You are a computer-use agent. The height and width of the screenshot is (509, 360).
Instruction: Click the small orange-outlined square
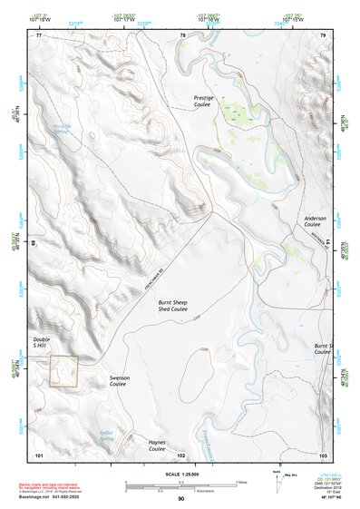[x=63, y=372]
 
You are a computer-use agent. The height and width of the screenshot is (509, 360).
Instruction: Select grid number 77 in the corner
[x=39, y=35]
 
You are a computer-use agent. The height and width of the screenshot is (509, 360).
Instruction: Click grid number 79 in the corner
[x=322, y=35]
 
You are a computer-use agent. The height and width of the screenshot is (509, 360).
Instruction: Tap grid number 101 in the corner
[x=39, y=455]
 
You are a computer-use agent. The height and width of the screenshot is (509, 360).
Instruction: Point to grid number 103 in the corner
[x=322, y=455]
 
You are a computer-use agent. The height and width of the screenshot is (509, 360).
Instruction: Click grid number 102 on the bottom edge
[x=180, y=455]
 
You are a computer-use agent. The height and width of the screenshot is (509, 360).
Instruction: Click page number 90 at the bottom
[x=180, y=499]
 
